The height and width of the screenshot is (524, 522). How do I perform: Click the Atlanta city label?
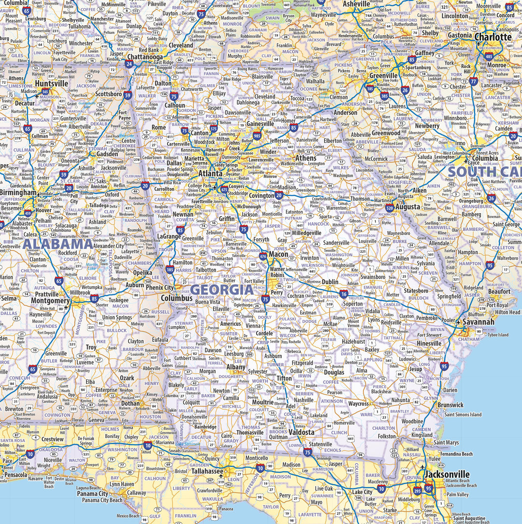pyautogui.click(x=210, y=173)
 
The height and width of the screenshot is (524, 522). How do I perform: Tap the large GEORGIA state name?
pyautogui.click(x=222, y=290)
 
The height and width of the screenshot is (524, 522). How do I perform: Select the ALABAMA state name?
pyautogui.click(x=58, y=244)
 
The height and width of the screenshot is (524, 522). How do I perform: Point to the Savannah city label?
pyautogui.click(x=478, y=321)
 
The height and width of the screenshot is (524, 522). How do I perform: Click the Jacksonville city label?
pyautogui.click(x=447, y=474)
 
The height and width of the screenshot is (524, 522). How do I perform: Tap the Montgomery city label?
pyautogui.click(x=50, y=301)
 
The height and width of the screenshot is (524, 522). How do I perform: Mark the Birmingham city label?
pyautogui.click(x=18, y=192)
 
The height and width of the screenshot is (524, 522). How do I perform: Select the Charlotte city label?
pyautogui.click(x=493, y=37)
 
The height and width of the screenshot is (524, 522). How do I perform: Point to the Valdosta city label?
pyautogui.click(x=301, y=433)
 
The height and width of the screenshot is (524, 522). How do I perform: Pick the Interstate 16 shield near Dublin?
pyautogui.click(x=344, y=293)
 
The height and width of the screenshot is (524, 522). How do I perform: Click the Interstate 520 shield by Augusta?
pyautogui.click(x=389, y=207)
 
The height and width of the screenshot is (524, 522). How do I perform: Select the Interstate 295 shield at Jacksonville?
pyautogui.click(x=418, y=490)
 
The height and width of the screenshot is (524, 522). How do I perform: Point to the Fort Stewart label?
pyautogui.click(x=430, y=335)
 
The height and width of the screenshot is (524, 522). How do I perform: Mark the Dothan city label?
pyautogui.click(x=130, y=403)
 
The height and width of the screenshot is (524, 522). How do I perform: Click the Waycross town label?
pyautogui.click(x=358, y=404)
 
